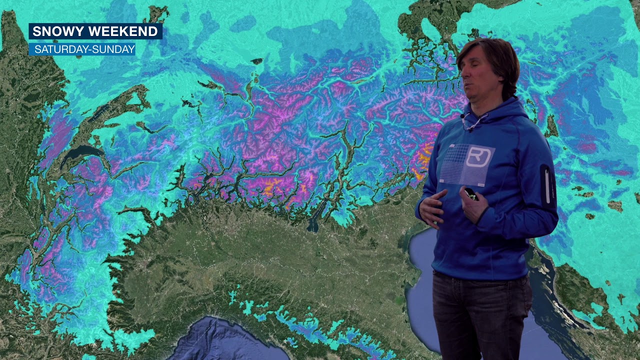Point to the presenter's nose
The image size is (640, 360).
click(463, 75)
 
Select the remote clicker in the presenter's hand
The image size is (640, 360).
click(470, 194)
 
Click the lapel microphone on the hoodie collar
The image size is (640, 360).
click(463, 116)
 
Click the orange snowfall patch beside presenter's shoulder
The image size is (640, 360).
click(424, 155)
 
